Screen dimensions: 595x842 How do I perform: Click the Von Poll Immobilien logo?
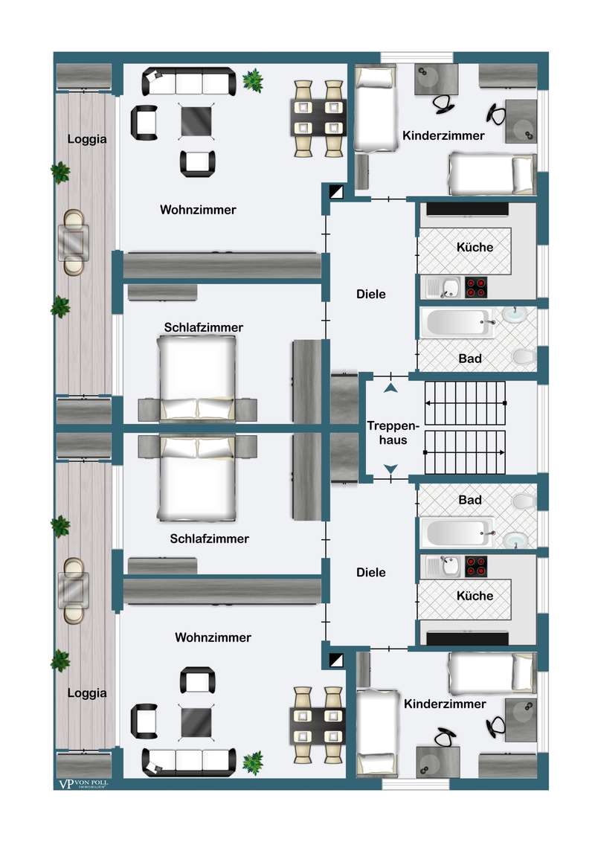click(x=83, y=784)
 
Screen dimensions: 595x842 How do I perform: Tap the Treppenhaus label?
click(x=393, y=433)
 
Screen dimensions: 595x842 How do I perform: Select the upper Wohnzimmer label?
click(x=198, y=210)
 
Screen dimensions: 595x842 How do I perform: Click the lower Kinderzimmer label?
click(x=445, y=704)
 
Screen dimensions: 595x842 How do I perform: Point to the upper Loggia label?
click(x=87, y=139)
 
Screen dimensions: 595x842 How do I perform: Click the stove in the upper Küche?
click(x=476, y=287)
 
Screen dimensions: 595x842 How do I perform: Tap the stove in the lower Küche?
click(x=476, y=567)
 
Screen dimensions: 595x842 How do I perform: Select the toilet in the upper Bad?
click(x=523, y=356)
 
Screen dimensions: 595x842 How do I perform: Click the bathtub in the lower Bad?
click(x=457, y=532)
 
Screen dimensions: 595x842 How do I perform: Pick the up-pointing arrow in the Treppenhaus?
click(x=390, y=388)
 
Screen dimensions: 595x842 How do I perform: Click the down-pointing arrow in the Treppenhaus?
click(x=390, y=469)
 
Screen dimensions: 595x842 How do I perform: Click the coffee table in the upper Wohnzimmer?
click(x=196, y=121)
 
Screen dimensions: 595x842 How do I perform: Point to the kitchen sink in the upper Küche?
click(x=443, y=287)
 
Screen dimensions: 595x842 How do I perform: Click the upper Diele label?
click(x=371, y=294)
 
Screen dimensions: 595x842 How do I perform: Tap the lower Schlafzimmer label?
click(x=210, y=539)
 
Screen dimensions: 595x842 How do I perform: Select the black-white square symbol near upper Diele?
click(x=336, y=191)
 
